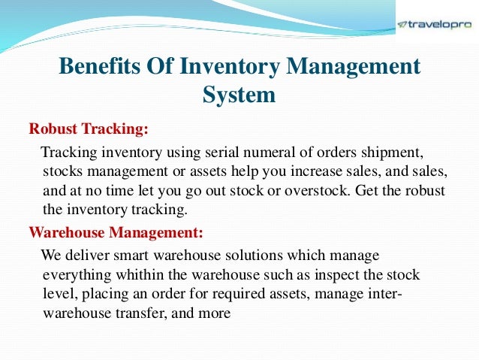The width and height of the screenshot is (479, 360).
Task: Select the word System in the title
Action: pyautogui.click(x=239, y=95)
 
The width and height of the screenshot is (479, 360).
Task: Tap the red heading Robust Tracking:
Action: pyautogui.click(x=89, y=129)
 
